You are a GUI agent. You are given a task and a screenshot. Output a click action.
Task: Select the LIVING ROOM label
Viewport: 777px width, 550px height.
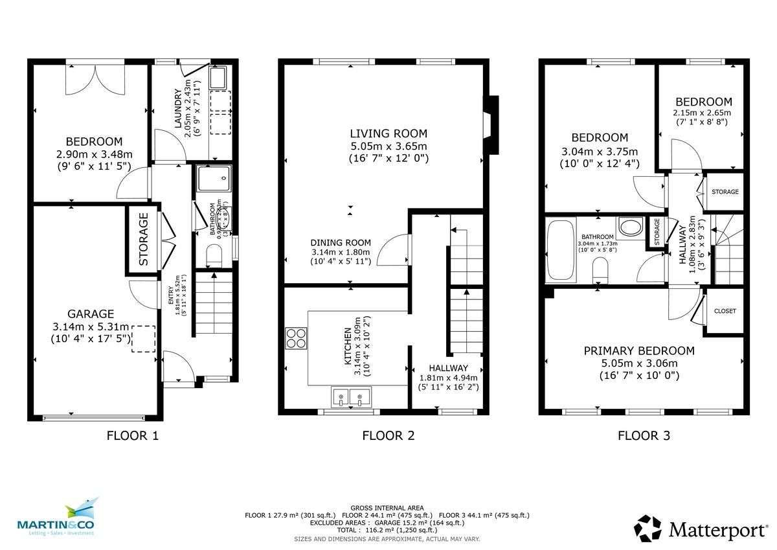click(388, 134)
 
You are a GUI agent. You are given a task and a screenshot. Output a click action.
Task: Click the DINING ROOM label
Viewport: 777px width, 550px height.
click(340, 242)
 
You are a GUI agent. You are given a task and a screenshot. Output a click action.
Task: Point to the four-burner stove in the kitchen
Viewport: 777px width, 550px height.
click(296, 339)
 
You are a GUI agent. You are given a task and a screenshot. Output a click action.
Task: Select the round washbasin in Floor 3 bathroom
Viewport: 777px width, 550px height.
click(628, 227)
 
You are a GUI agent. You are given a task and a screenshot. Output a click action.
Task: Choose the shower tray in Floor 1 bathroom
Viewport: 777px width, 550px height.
click(213, 177)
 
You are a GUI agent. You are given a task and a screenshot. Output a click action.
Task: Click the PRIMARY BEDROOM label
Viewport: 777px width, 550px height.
click(639, 351)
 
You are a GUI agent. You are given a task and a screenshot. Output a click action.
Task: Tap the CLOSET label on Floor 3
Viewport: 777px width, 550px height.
click(725, 311)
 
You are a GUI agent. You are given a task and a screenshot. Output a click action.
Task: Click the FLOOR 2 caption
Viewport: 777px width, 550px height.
click(388, 436)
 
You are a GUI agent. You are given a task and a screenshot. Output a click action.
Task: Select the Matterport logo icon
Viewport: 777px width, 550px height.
click(648, 528)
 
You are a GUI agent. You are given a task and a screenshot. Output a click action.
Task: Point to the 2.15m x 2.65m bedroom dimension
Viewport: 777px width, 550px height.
click(704, 112)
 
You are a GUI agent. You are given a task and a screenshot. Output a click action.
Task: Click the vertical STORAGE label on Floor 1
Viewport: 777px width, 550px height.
click(143, 239)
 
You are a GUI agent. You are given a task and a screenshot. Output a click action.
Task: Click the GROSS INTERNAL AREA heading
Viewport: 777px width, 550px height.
click(387, 508)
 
